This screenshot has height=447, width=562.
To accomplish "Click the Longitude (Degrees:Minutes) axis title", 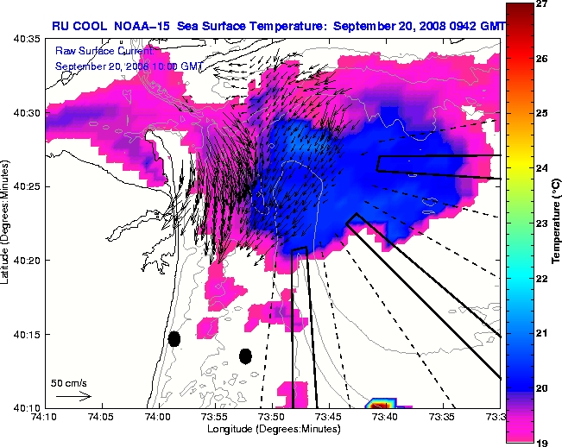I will tap(270, 428).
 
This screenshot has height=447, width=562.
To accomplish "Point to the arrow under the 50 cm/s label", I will tap(73, 396).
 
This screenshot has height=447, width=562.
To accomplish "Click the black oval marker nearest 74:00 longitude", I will tap(174, 339).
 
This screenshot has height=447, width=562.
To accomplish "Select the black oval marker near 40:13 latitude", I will tap(245, 356).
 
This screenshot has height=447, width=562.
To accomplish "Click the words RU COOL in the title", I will tap(77, 27).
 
